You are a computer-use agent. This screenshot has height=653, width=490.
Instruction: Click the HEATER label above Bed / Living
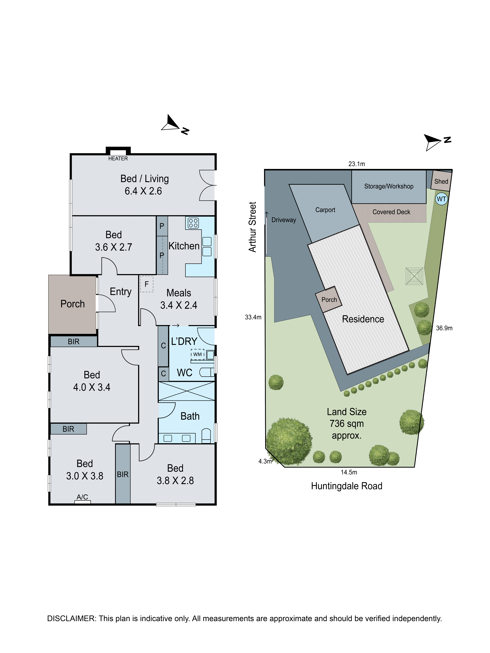click(118, 159)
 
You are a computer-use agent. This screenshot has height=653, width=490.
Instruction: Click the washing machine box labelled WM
click(197, 354)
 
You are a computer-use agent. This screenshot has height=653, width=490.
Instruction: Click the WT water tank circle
click(441, 199)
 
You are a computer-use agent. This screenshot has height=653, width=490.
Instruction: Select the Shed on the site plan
click(441, 181)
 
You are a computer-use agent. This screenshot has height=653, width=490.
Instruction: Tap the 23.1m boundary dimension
click(357, 164)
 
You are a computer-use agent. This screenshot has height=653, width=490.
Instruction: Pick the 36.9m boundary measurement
click(444, 328)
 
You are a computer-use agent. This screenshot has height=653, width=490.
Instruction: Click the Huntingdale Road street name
click(346, 486)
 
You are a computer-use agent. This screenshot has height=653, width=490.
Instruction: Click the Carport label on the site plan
click(325, 210)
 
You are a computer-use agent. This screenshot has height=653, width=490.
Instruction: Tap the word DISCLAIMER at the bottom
click(71, 618)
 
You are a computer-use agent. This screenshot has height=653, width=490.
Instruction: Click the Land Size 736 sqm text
click(346, 423)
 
